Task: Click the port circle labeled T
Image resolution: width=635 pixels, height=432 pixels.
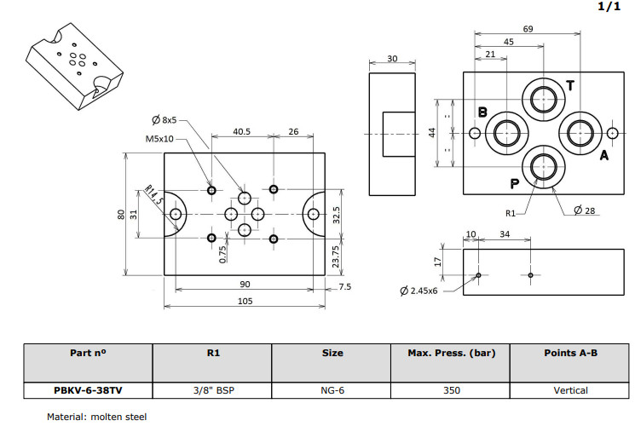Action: tap(543, 101)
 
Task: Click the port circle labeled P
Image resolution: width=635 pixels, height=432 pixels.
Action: tap(543, 164)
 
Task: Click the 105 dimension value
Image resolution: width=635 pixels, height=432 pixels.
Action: tap(245, 302)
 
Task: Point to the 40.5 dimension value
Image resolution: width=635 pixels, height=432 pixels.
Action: tap(241, 132)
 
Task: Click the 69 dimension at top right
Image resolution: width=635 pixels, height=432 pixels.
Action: tap(528, 29)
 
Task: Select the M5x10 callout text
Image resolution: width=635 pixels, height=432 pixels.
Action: tap(160, 138)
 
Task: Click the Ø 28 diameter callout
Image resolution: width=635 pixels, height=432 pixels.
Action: tap(584, 210)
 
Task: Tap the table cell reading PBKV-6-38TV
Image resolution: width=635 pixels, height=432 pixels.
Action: tap(88, 390)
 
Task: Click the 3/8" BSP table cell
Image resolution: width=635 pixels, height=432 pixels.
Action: tap(212, 390)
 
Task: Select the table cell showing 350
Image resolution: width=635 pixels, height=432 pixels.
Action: tap(451, 390)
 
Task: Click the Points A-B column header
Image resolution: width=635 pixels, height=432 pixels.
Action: tap(570, 353)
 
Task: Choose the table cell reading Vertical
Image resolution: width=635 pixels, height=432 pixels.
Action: tap(570, 390)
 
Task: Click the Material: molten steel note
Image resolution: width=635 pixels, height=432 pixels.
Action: tap(95, 417)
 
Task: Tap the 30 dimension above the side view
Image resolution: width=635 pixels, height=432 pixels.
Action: tap(392, 59)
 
